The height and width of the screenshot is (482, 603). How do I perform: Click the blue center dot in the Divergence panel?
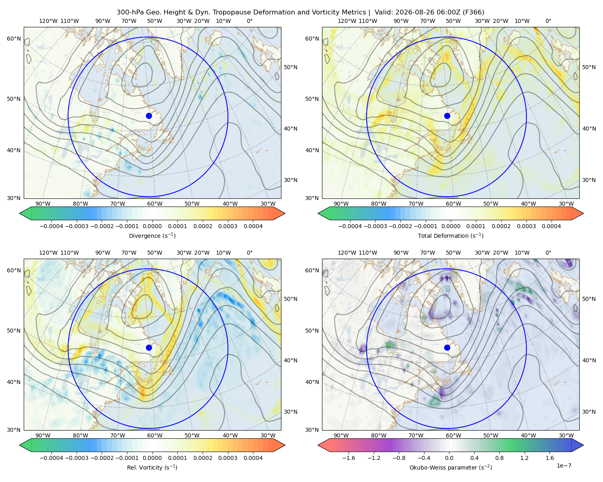149,116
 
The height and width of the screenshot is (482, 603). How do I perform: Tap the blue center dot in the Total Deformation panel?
447,116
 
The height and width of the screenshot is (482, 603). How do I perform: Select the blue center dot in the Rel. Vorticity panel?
149,347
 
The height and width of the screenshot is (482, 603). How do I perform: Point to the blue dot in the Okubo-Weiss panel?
447,347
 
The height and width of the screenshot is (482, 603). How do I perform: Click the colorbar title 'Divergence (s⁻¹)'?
152,235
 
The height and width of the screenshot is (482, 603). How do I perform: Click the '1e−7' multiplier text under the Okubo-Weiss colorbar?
564,466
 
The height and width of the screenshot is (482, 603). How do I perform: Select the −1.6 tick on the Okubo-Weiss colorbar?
349,458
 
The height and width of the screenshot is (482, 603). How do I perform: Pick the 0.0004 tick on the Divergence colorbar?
253,226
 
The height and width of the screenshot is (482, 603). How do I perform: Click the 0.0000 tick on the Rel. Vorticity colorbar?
152,458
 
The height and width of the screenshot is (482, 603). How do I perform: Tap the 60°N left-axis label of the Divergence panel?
14,39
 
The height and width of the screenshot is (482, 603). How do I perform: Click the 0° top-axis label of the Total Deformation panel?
548,21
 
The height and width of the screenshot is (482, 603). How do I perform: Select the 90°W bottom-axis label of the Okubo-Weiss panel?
341,435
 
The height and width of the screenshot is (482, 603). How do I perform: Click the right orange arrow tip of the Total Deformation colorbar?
583,213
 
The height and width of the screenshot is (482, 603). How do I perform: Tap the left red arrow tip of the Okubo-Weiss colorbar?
318,445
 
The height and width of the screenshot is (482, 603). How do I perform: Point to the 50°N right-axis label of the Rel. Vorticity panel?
291,299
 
